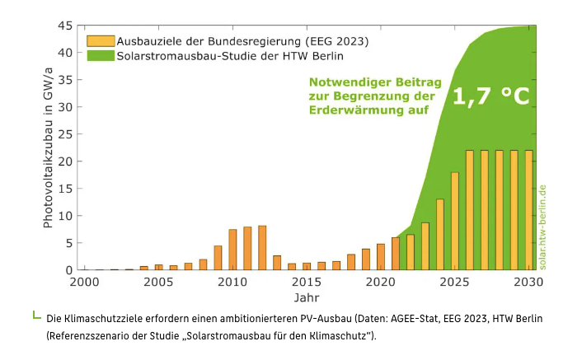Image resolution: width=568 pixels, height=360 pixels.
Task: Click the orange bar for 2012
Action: (x=262, y=248)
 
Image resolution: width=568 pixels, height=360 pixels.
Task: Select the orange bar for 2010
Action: (x=232, y=250)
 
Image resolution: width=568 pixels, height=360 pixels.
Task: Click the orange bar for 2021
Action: (x=396, y=254)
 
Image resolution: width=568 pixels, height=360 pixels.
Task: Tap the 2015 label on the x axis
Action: (x=306, y=282)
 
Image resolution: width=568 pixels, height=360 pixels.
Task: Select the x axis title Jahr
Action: (x=306, y=297)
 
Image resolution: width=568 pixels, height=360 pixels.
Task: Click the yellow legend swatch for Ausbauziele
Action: (x=100, y=40)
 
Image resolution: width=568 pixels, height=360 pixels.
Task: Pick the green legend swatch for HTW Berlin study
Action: (x=100, y=56)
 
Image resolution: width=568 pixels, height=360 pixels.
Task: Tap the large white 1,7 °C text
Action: (x=491, y=96)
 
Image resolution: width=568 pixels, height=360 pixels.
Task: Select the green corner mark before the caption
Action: (x=35, y=315)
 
